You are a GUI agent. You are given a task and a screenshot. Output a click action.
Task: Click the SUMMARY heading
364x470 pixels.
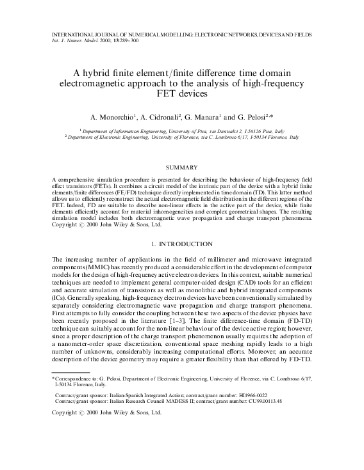coord(181,167)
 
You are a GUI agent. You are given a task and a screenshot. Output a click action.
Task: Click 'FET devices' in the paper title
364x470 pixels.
coord(181,93)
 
